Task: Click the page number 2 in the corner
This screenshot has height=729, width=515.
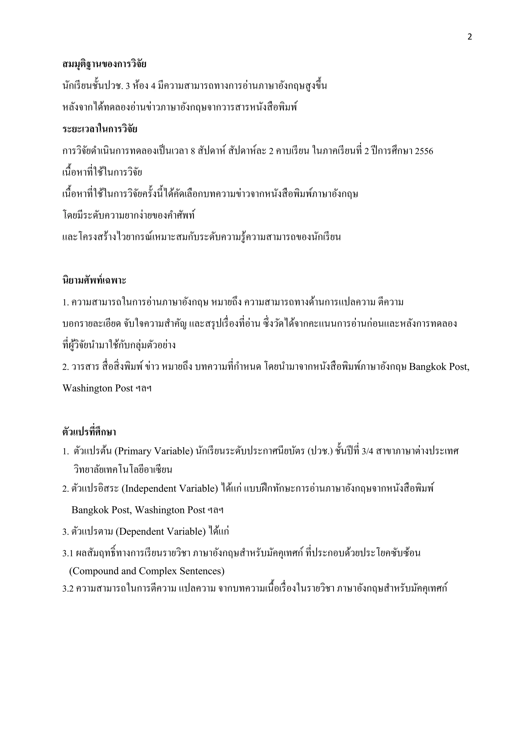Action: tap(470, 37)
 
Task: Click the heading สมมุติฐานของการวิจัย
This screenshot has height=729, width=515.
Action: tap(104, 64)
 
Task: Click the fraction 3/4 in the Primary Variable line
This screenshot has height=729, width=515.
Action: tap(367, 451)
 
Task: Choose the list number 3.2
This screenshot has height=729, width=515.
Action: tap(68, 589)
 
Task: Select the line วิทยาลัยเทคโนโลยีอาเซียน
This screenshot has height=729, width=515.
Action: tap(123, 469)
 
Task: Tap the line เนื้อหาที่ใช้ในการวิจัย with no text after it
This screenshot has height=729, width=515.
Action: tap(102, 173)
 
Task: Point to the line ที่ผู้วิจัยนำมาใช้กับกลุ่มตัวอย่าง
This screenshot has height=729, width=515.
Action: tap(119, 345)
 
